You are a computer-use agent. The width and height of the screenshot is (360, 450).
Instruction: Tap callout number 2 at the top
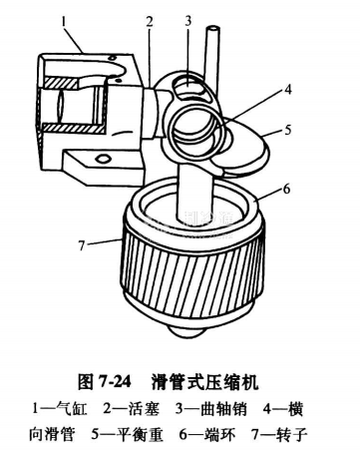coord(150,22)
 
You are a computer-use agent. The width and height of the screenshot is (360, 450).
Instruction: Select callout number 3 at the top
coord(188,21)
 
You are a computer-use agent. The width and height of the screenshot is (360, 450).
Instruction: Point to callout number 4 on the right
coord(287,89)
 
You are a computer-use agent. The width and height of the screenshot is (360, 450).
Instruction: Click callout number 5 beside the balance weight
coord(287,129)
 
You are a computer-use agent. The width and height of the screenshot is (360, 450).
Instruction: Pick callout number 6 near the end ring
coord(286,189)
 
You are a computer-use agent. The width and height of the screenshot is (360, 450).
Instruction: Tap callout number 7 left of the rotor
coord(82,245)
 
